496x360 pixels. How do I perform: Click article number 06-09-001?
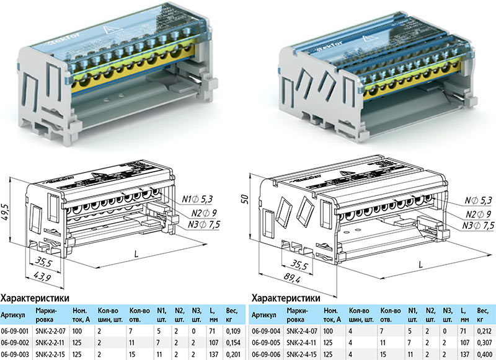click(x=16, y=332)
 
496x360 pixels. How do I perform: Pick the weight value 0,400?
click(x=484, y=353)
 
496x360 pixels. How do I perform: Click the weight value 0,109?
click(x=232, y=332)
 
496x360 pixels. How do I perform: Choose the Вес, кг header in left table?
click(x=231, y=314)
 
